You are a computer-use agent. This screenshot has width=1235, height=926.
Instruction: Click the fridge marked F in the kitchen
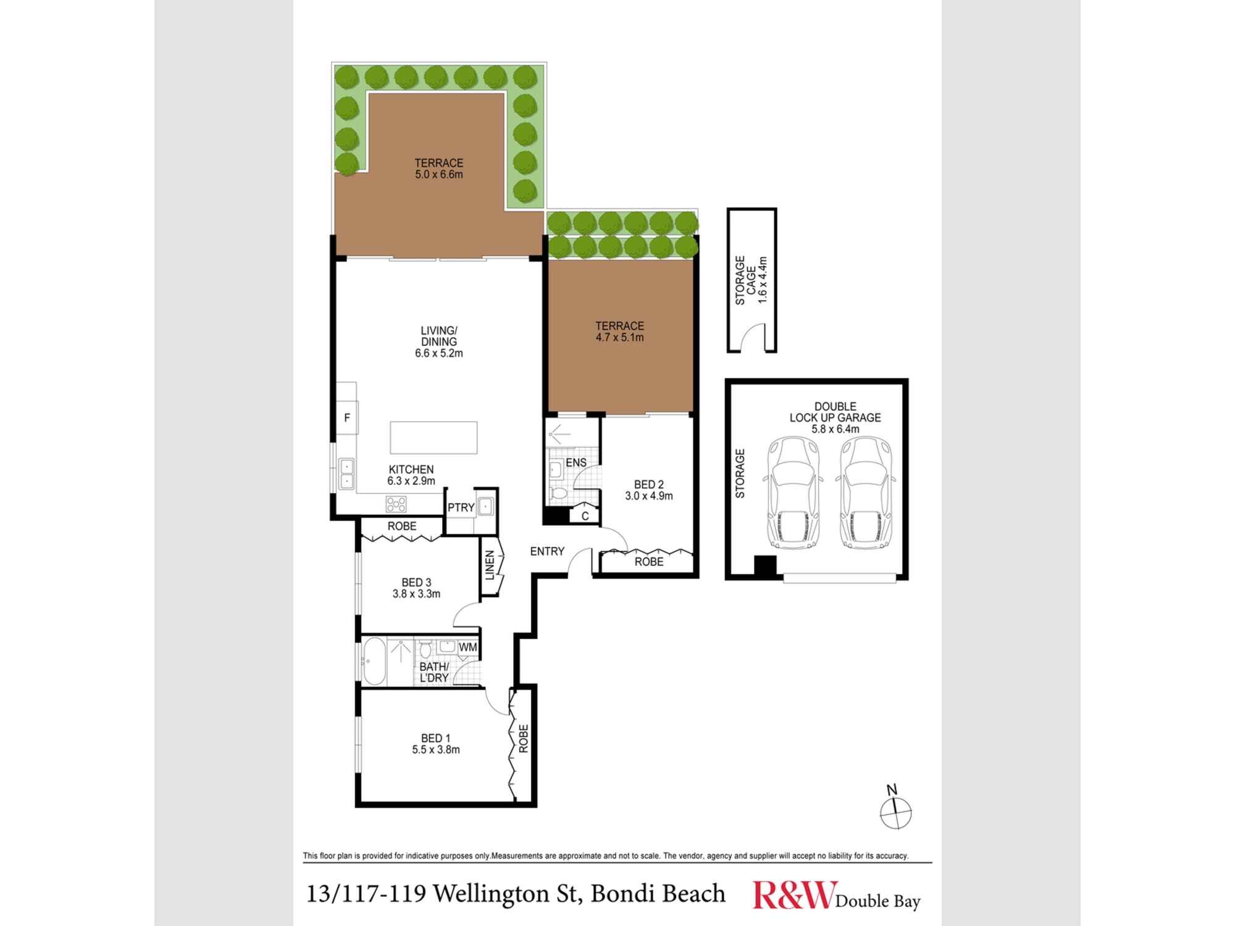click(347, 418)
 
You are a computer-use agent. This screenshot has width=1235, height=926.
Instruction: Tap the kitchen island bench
click(433, 437)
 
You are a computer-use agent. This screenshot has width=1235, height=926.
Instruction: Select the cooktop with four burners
click(396, 504)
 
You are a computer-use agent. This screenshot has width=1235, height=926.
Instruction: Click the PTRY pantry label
click(461, 507)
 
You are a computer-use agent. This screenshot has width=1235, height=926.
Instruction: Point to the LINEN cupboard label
click(490, 565)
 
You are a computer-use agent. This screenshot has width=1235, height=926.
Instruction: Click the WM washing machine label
click(467, 647)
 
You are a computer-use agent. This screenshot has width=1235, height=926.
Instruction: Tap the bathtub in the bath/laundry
click(374, 662)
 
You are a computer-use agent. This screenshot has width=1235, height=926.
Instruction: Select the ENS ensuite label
click(576, 462)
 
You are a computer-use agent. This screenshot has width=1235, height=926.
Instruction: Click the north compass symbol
click(895, 810)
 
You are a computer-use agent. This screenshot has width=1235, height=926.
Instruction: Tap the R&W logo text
click(793, 895)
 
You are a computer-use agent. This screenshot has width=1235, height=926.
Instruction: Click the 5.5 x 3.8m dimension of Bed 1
click(436, 750)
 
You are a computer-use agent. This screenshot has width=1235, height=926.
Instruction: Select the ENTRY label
click(547, 551)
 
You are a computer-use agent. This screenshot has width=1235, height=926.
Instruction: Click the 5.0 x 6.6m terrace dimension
click(439, 175)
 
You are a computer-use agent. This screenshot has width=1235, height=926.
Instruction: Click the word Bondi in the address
click(622, 893)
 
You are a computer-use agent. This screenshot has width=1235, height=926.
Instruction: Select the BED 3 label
click(416, 582)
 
